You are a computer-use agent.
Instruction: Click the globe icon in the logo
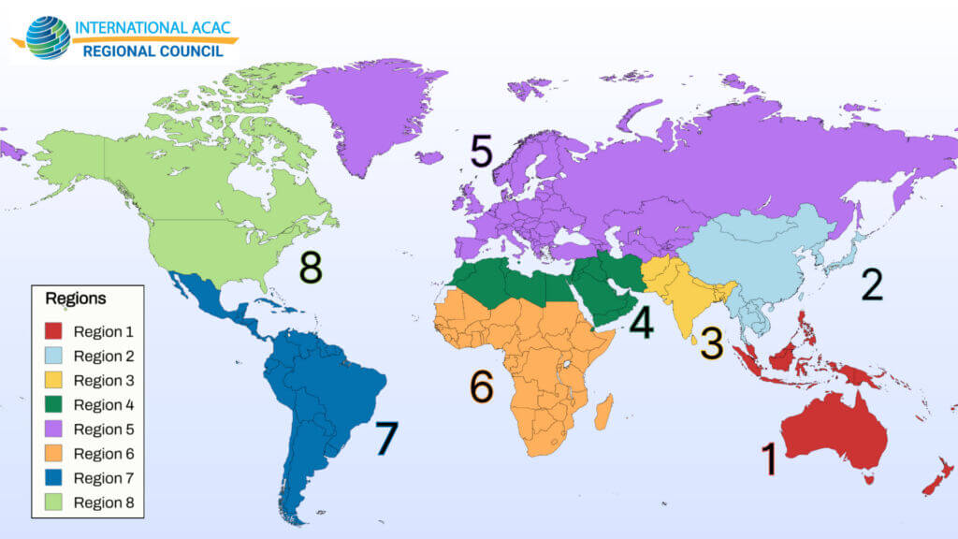[48, 37]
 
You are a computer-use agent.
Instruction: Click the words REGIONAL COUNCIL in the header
[153, 51]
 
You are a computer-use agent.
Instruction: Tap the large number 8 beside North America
[312, 268]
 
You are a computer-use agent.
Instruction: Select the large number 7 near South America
[386, 438]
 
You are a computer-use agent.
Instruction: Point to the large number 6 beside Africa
[481, 386]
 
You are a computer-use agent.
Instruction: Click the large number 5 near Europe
[482, 152]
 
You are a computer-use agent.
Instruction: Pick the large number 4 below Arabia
[641, 323]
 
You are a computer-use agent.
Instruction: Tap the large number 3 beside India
[712, 344]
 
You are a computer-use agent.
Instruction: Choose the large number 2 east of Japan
[871, 285]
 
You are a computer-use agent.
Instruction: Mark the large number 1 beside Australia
[769, 459]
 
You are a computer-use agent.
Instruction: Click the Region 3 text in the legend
[104, 381]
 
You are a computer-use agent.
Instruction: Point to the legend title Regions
[76, 299]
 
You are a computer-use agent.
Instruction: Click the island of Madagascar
[604, 412]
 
